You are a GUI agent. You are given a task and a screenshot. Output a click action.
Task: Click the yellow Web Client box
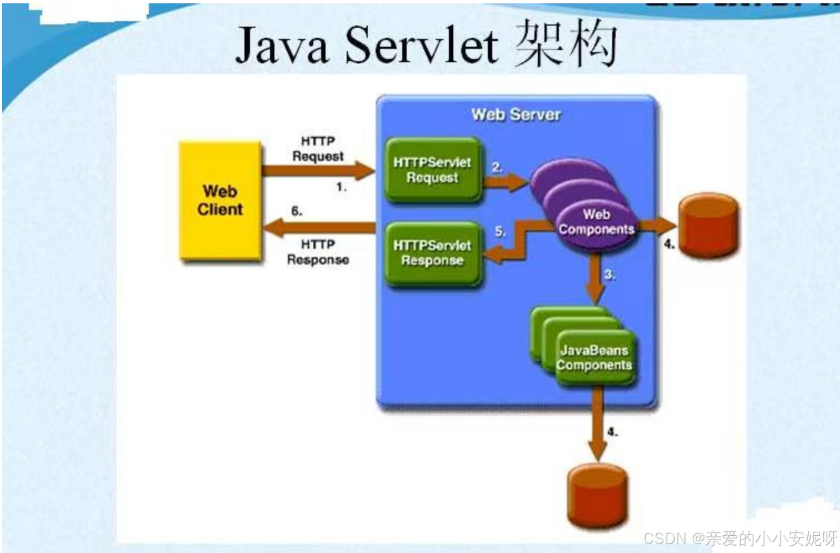[220, 201]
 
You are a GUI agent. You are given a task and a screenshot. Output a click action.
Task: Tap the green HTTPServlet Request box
[432, 170]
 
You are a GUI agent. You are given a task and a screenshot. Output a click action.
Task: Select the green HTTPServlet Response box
[432, 253]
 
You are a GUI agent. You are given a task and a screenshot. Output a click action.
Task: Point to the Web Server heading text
[516, 114]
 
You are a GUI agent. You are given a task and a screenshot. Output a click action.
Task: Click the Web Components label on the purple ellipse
[596, 222]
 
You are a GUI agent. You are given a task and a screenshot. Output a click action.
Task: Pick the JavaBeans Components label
[594, 357]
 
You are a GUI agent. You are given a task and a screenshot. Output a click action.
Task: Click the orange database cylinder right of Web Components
[708, 225]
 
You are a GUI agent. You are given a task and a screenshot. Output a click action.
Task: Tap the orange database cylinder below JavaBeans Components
[597, 496]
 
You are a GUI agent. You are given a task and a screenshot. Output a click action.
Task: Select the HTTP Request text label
[318, 149]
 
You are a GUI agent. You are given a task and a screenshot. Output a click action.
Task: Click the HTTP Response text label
[318, 252]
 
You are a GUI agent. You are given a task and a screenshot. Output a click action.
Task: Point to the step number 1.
[341, 187]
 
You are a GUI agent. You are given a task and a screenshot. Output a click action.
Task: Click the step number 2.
[497, 167]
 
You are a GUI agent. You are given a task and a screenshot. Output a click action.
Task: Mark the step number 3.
[609, 275]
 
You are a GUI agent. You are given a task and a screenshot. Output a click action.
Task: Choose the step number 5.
[500, 231]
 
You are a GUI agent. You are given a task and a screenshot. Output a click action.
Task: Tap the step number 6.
[297, 211]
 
